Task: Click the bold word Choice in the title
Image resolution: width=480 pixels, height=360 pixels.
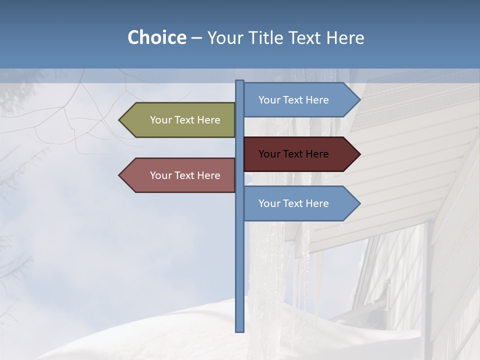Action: tap(156, 37)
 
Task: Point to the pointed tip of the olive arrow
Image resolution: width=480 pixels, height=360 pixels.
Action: tap(120, 120)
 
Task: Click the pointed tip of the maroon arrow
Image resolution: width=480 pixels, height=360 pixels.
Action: tap(359, 154)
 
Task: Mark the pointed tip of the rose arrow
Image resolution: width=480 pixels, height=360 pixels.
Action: tap(120, 175)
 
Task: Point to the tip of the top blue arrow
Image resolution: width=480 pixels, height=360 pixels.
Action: tap(359, 100)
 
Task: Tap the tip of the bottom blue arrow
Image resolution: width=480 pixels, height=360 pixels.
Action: tap(359, 203)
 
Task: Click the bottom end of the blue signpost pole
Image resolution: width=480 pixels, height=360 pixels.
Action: tap(239, 330)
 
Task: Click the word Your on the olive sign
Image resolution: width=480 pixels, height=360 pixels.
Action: tap(161, 120)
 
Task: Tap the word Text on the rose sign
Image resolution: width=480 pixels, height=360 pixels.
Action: tap(185, 175)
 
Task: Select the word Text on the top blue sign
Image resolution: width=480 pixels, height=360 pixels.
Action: tap(293, 100)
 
